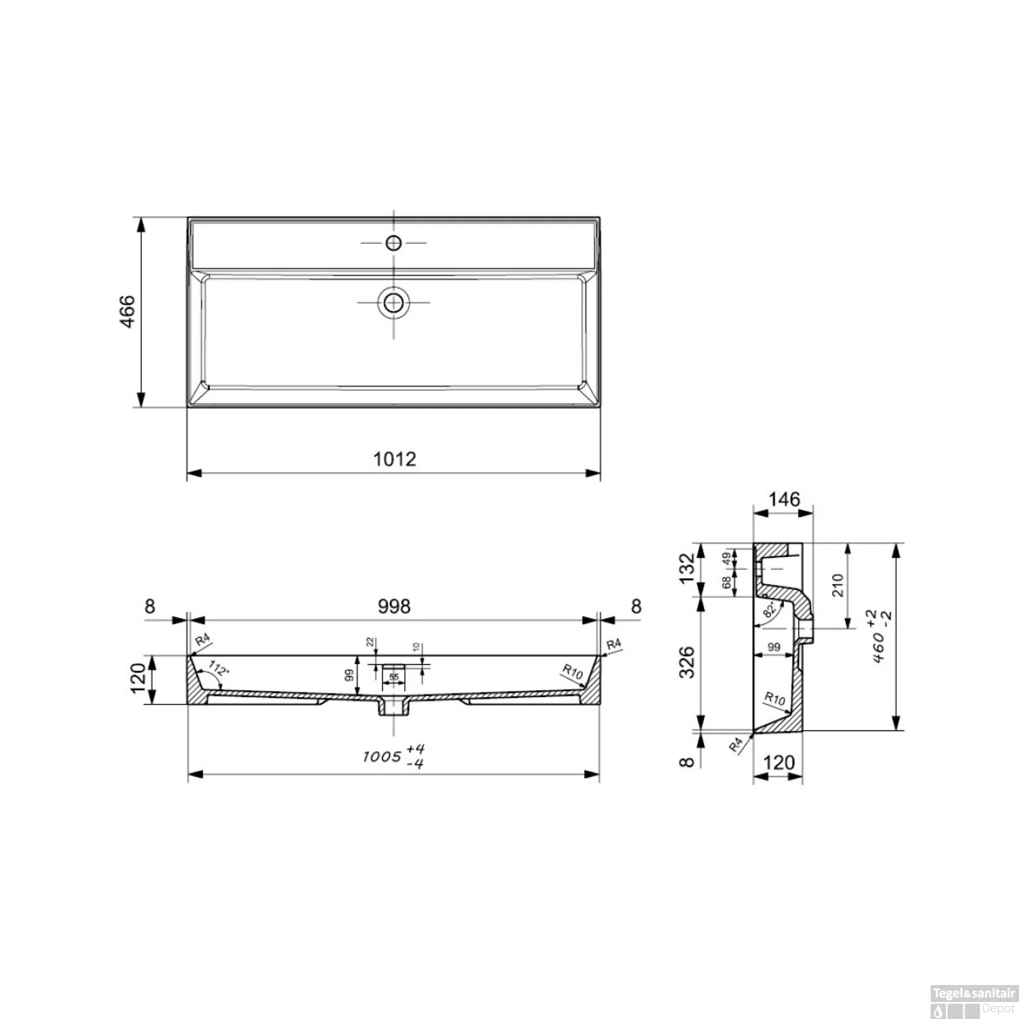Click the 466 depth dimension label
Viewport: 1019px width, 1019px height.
tap(127, 312)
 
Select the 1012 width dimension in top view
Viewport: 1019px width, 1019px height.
tap(394, 459)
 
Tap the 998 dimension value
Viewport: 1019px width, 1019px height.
tap(394, 605)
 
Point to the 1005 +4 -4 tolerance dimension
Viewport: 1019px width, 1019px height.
tap(395, 756)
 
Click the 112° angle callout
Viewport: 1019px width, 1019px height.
tap(219, 668)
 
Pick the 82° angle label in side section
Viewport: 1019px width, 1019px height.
tap(770, 609)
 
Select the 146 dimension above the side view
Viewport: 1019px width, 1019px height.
tap(784, 499)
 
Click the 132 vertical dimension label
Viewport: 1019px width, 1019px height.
tap(687, 568)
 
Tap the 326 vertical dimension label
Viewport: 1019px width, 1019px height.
tap(687, 662)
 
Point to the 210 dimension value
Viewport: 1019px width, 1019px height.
tap(837, 586)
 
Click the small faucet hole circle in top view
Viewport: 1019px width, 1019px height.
tap(393, 243)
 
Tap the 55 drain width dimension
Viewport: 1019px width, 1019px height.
tap(394, 677)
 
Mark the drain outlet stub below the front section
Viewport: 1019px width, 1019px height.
tap(394, 709)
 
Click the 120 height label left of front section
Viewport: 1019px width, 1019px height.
tap(138, 679)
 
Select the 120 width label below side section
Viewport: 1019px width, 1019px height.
tap(779, 763)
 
